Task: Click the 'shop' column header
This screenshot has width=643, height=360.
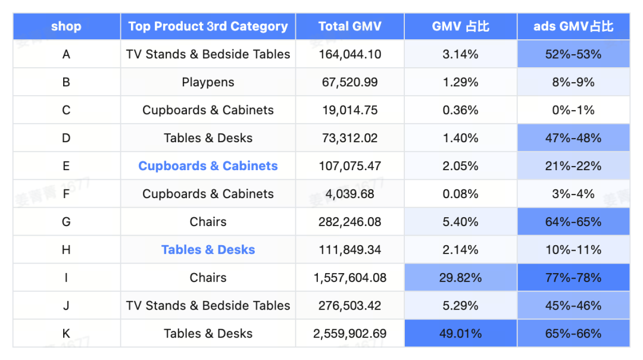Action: tap(66, 26)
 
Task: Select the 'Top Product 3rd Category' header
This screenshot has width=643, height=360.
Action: tap(208, 26)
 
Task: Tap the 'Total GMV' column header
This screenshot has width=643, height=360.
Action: tap(350, 26)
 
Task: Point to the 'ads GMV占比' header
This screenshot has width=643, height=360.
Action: tap(573, 26)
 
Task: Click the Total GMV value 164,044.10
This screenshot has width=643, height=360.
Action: tap(350, 54)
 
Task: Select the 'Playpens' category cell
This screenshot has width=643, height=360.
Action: tap(208, 82)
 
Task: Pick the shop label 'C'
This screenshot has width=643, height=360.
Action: tap(66, 110)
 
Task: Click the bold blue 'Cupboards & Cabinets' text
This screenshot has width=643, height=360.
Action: tap(208, 166)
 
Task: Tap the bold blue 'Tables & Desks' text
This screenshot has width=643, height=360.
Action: tap(208, 250)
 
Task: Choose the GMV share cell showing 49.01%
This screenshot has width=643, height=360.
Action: tap(460, 334)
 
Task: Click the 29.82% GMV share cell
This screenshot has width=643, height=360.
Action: tap(460, 278)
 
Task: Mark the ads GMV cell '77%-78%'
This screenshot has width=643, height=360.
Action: tap(573, 278)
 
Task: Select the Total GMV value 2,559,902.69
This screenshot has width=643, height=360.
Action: tap(350, 334)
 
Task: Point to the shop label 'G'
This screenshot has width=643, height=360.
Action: tap(66, 222)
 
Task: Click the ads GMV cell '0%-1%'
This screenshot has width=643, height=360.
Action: tap(573, 110)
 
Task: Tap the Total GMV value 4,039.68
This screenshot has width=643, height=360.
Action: tap(350, 194)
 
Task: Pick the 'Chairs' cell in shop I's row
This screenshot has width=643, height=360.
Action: tap(208, 278)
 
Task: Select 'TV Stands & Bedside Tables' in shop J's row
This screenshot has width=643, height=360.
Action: tap(208, 306)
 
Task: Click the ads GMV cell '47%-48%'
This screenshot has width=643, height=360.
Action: tap(573, 138)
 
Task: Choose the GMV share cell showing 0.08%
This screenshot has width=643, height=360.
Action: tap(460, 194)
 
